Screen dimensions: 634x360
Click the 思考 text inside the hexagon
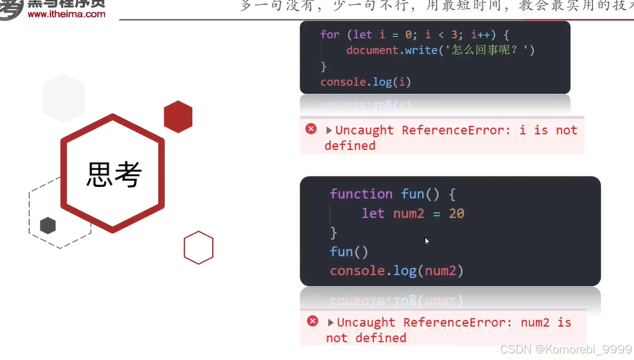point(114,174)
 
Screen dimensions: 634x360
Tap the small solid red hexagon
point(178,117)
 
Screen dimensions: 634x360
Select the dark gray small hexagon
point(48,225)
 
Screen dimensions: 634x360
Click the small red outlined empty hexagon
point(199,248)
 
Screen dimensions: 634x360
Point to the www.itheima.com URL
point(66,14)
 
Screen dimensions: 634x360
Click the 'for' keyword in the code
point(330,35)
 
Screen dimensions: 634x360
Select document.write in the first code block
point(392,50)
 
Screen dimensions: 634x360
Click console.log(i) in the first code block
point(366,82)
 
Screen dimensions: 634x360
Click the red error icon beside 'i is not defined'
point(311,129)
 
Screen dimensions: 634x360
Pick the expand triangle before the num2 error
point(331,322)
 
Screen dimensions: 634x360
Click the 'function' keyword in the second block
point(361,194)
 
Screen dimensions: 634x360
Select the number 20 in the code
point(456,213)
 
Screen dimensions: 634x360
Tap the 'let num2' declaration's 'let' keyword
point(373,213)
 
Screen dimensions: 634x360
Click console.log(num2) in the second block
point(397,270)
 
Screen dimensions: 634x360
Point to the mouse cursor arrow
point(426,241)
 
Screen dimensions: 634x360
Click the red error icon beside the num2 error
point(312,321)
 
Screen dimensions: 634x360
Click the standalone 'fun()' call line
point(349,252)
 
